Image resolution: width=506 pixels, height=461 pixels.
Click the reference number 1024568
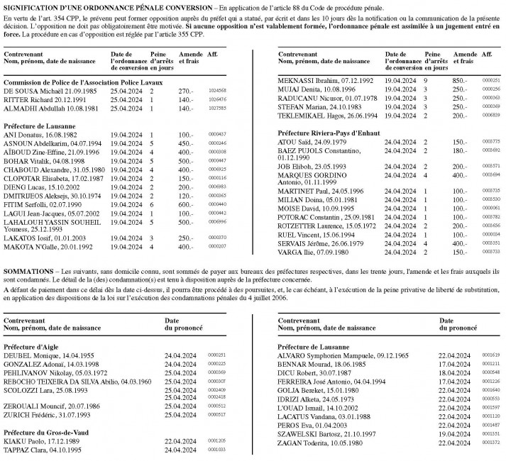click(217, 91)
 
